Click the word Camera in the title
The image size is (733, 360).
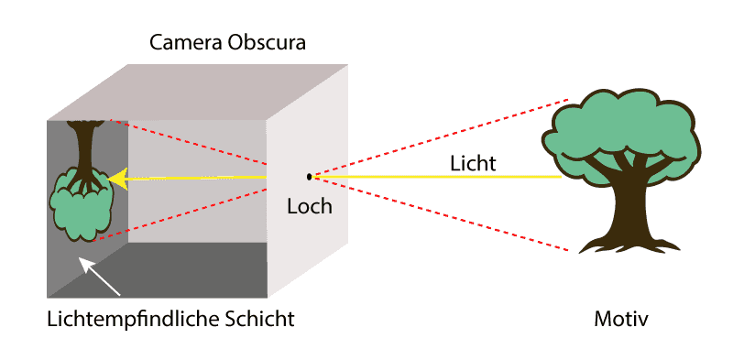(186, 42)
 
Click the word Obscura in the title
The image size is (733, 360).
(267, 42)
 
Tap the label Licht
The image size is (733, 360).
(473, 164)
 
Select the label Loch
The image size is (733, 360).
(310, 206)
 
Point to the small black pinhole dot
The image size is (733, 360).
(309, 177)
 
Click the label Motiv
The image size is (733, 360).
(621, 320)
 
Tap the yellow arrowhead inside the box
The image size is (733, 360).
(118, 179)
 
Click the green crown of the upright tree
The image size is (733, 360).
(622, 136)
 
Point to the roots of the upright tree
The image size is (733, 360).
(629, 245)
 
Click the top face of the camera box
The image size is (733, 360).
(198, 93)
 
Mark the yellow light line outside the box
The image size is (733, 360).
(437, 177)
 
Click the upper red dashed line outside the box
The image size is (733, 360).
(441, 138)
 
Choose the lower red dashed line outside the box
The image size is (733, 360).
(441, 214)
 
